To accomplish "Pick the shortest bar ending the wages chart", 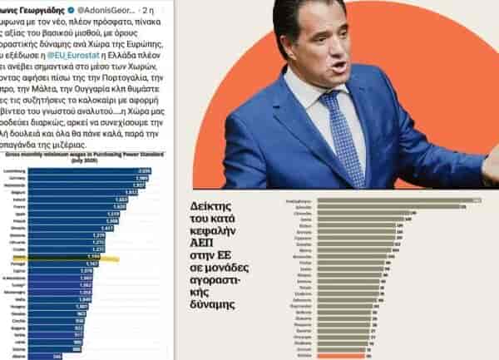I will pos(42,357).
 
